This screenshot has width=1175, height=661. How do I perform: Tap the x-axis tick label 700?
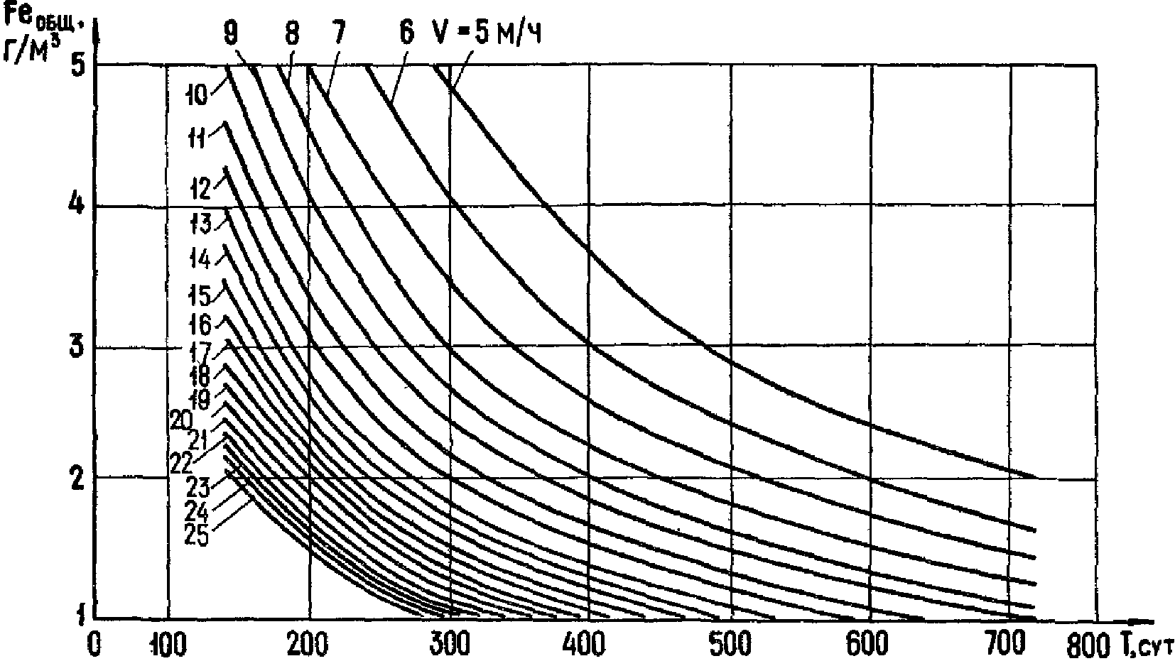(x=1010, y=644)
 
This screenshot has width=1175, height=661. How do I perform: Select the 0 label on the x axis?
(x=94, y=644)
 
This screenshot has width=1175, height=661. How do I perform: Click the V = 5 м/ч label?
(x=487, y=33)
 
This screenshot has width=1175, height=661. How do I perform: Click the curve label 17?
(x=202, y=351)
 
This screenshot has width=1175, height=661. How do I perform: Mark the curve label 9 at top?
(x=231, y=33)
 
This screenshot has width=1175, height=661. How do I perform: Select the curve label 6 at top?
(x=406, y=33)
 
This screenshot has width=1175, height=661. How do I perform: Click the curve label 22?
(x=183, y=462)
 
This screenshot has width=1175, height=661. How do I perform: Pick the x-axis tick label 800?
(x=1085, y=644)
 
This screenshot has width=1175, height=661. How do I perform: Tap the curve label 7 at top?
(x=336, y=33)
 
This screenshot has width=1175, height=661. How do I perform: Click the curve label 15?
(x=201, y=293)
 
